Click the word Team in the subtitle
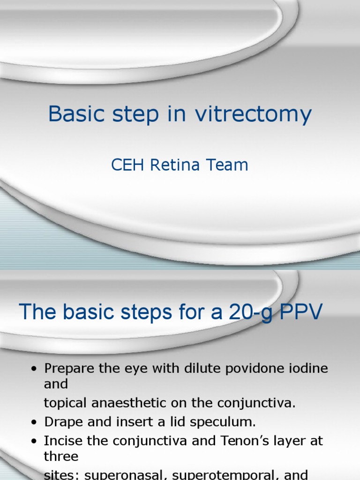click(228, 165)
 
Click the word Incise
click(62, 441)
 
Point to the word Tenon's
click(244, 441)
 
